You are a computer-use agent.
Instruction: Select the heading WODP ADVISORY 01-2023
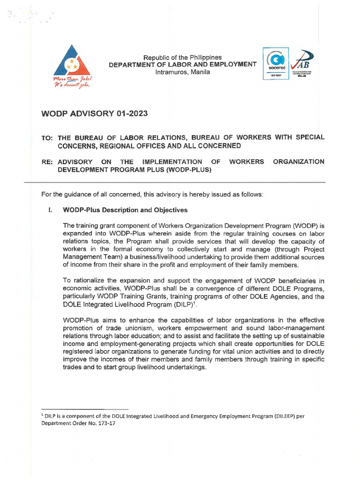coord(97,114)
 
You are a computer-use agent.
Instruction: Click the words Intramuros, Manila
coord(183,72)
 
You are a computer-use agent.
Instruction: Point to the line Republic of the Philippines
coord(183,57)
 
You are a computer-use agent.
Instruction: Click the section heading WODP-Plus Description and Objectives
coord(125,210)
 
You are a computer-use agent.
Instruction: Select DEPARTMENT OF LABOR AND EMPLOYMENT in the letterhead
coord(183,65)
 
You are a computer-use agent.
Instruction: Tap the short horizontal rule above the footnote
coord(85,409)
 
